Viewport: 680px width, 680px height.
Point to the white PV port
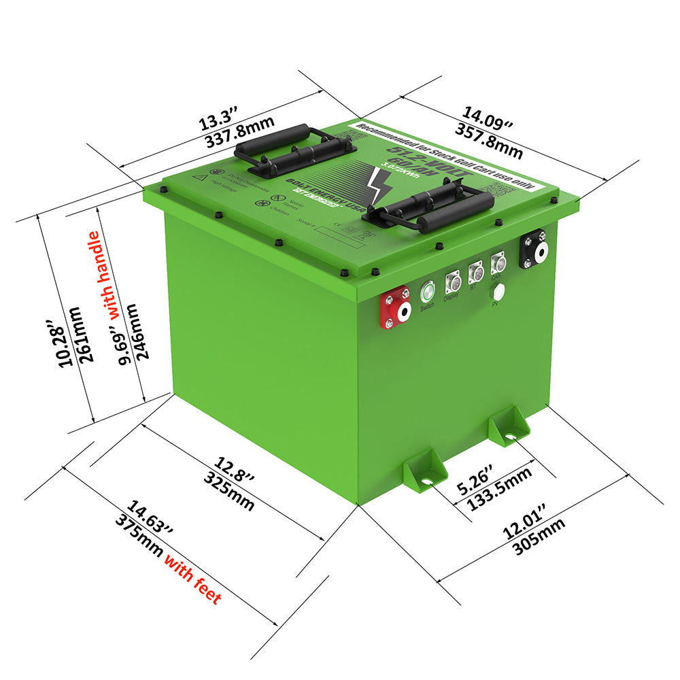(x=498, y=292)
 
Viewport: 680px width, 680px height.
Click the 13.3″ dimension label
(x=217, y=122)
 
